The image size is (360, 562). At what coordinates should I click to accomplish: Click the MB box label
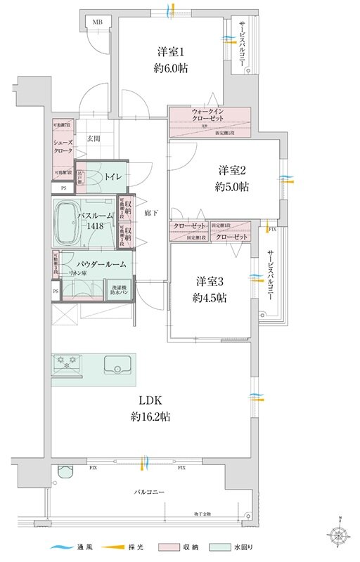point(96,22)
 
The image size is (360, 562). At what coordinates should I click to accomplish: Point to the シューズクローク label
point(63,145)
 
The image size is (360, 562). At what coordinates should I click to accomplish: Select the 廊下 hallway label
point(149,212)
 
